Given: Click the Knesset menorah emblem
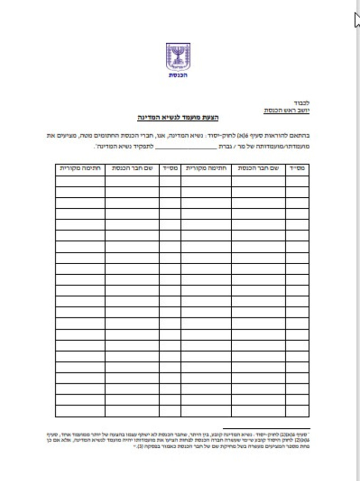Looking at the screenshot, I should (x=178, y=57).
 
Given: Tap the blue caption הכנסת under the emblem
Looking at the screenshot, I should (x=178, y=75).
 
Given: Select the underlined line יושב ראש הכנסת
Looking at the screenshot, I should (x=286, y=110).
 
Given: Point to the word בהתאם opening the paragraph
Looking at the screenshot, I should (x=301, y=135).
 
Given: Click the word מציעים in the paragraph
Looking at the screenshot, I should (x=65, y=135).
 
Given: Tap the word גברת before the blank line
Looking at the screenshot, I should (x=225, y=146).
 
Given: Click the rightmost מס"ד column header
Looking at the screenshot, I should (x=297, y=168).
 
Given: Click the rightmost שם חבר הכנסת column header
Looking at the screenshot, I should (x=258, y=168).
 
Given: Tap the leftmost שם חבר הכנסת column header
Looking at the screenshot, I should (x=132, y=168).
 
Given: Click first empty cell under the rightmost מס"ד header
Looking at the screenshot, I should (x=297, y=181).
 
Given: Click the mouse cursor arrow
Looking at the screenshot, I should (x=356, y=20).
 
